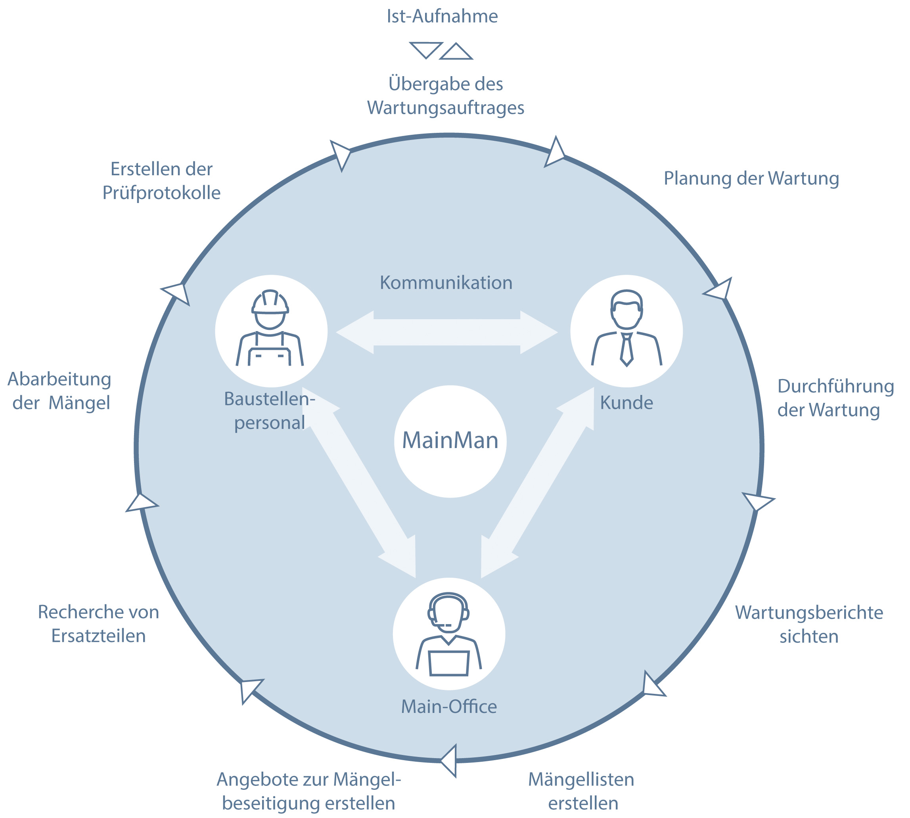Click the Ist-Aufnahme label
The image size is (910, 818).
[442, 17]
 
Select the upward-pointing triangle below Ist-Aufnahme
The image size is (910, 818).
[456, 53]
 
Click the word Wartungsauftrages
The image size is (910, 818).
[445, 108]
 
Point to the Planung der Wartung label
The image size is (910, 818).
[751, 178]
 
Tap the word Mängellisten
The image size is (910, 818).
[581, 780]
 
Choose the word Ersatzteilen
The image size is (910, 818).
[98, 636]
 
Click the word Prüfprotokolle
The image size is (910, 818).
[161, 193]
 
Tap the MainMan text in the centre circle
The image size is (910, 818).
[450, 441]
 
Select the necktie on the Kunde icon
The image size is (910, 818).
[626, 350]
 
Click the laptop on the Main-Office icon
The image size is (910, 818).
[448, 663]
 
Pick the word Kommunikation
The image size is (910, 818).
[446, 283]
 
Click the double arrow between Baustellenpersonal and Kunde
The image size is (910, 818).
[447, 332]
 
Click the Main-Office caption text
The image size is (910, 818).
[449, 707]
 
